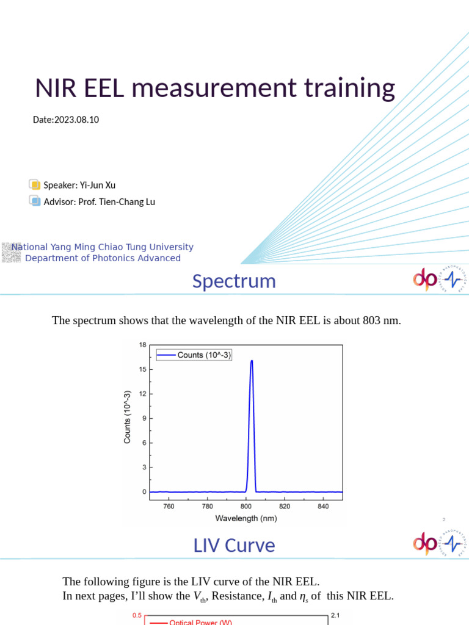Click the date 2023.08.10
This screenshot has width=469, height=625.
click(x=76, y=120)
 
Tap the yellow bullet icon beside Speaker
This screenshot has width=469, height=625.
click(x=35, y=185)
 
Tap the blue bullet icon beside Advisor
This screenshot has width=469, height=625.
click(x=35, y=201)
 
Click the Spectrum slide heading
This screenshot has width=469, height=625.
click(x=234, y=281)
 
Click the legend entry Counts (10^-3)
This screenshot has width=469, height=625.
click(x=204, y=355)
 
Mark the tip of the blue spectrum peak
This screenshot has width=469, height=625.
click(x=252, y=361)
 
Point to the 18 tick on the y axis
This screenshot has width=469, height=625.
click(x=142, y=345)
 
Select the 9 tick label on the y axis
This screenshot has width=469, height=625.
click(x=144, y=418)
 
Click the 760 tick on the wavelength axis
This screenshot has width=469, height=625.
click(x=169, y=506)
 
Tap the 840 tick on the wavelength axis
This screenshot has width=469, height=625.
click(x=324, y=506)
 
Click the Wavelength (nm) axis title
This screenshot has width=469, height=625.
click(x=245, y=518)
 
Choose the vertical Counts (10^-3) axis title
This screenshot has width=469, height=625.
click(x=127, y=417)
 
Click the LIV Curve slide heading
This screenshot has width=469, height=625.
click(x=234, y=545)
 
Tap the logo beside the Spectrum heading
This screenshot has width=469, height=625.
click(x=437, y=280)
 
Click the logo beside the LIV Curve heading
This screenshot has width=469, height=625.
click(x=437, y=543)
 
